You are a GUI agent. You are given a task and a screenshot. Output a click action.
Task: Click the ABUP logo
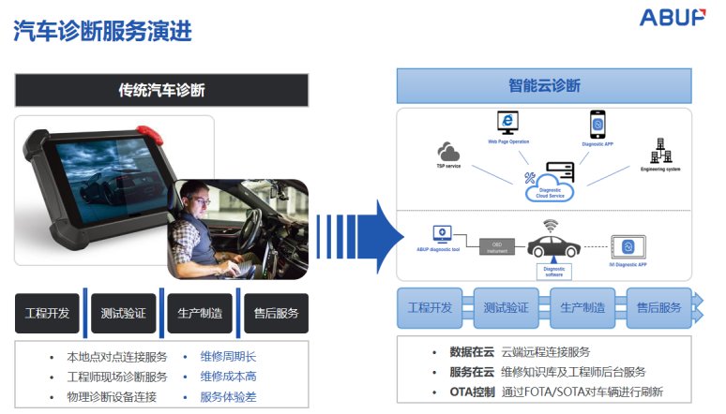tap(672, 18)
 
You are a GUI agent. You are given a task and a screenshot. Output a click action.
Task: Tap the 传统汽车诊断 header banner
tap(161, 90)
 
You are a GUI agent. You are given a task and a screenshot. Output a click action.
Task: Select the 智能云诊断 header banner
tap(544, 86)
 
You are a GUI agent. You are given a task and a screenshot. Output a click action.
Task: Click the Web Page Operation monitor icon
tap(507, 124)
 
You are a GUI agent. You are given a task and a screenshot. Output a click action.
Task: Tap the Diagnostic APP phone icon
tap(597, 124)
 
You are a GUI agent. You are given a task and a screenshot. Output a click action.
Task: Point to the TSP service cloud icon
tap(449, 152)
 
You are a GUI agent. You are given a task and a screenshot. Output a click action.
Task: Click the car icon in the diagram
tap(552, 245)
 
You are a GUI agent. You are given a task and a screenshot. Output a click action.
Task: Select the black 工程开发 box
tap(47, 313)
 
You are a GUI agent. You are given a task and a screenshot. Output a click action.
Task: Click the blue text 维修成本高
tap(228, 377)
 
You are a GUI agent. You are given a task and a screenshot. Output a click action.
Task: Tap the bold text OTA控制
tap(472, 392)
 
